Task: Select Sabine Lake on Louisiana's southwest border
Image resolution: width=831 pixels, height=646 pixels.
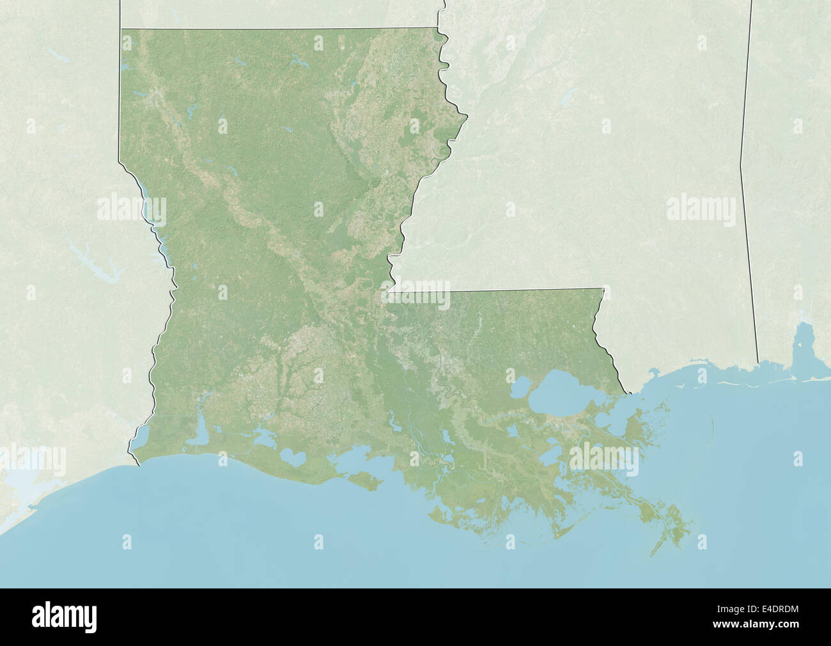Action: tap(139, 437)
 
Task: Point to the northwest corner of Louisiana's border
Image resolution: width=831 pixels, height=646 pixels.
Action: tap(121, 28)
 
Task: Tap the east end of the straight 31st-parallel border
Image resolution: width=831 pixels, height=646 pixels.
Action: tap(603, 288)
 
